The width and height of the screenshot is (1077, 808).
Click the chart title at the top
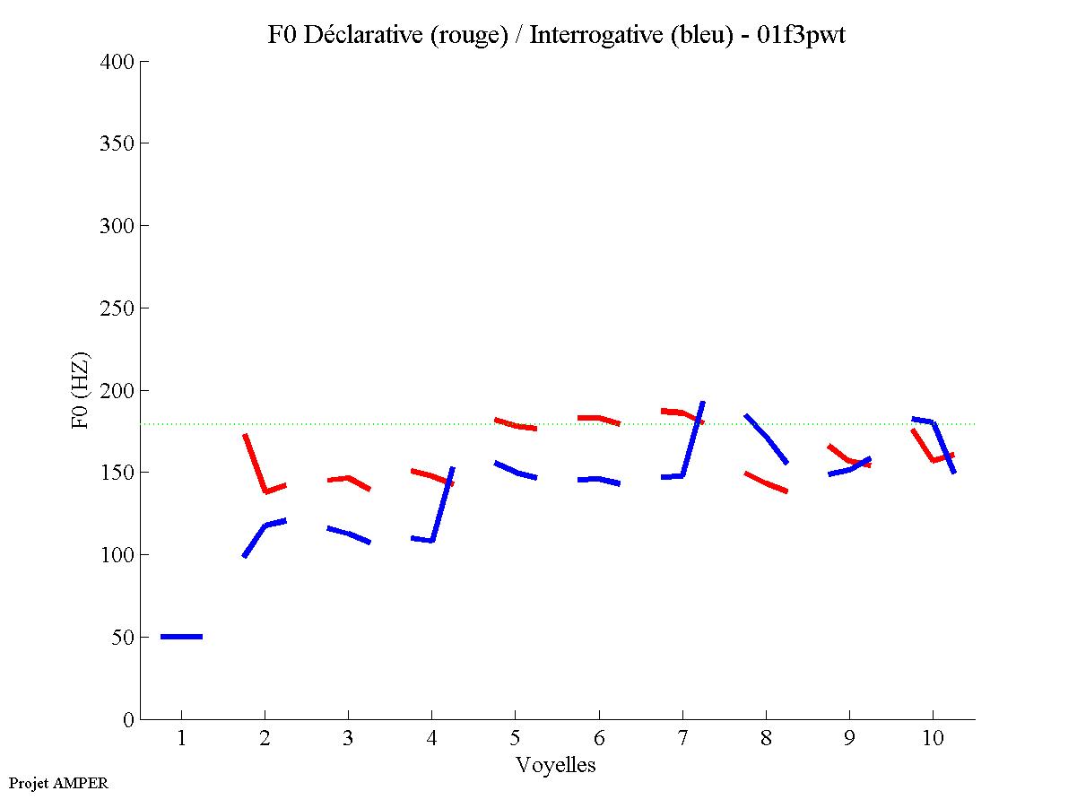coord(556,35)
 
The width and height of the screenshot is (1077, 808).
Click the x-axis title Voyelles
coord(556,765)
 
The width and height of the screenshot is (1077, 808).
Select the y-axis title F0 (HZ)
coord(82,389)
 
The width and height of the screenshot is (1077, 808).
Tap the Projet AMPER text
coord(58,783)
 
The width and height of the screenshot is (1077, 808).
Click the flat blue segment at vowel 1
coord(181,637)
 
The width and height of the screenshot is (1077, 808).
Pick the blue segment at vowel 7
coord(692,439)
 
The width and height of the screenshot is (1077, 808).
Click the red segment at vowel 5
coord(516,424)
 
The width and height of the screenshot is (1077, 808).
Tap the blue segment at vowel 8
coord(767,439)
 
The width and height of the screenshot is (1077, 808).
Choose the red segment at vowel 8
coord(767,482)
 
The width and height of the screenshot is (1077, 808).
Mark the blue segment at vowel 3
coord(349,534)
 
